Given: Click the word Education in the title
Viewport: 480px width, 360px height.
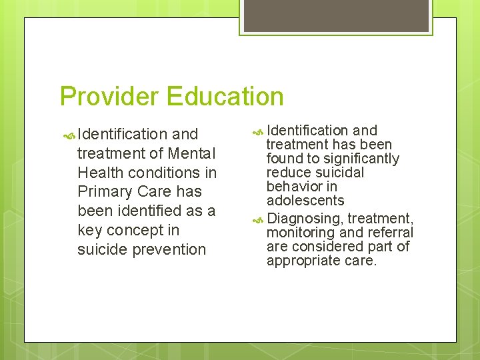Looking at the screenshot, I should [225, 96].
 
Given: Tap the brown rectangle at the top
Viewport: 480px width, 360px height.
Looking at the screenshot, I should [335, 15].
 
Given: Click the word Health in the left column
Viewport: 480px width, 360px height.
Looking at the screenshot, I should [101, 173].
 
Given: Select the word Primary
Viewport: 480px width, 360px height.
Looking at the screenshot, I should [104, 192].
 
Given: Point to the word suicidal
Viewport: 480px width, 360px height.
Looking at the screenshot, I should [341, 173].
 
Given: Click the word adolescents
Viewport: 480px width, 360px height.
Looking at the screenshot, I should [305, 201].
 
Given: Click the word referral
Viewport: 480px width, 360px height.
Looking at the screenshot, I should [390, 233].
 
